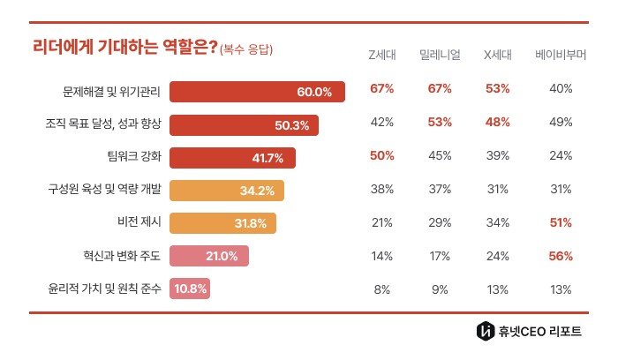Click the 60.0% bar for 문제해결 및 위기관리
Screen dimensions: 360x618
(x=257, y=91)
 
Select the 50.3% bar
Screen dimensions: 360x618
(x=244, y=124)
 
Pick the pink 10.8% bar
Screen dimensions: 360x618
(x=190, y=289)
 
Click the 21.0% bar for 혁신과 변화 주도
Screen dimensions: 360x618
(x=209, y=256)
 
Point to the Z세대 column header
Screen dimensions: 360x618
(x=381, y=54)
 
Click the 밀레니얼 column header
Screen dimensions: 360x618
(x=439, y=54)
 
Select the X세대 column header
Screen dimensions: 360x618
(x=497, y=54)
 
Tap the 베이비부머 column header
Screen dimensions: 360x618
(x=561, y=54)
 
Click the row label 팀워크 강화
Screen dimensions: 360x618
(x=133, y=157)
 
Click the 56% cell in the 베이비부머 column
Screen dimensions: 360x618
(x=561, y=256)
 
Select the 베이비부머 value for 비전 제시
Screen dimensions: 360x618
(x=561, y=222)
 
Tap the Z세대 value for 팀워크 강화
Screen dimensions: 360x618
(x=381, y=156)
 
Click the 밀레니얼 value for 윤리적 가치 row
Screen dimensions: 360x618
(x=439, y=289)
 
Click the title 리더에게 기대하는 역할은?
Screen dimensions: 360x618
(x=124, y=49)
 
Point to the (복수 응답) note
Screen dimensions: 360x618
(x=246, y=49)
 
